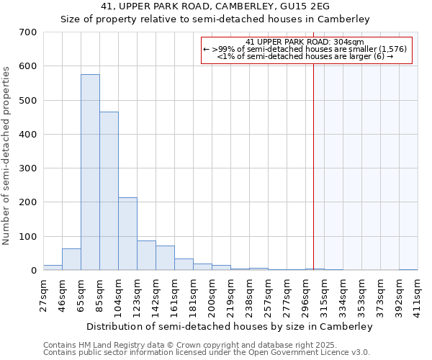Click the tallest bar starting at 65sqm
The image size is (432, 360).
(90, 173)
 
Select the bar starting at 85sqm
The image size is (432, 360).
(109, 192)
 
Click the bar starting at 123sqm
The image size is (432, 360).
(146, 256)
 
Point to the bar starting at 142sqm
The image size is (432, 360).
(165, 258)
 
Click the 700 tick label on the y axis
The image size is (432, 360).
(28, 32)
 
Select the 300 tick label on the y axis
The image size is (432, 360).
(28, 168)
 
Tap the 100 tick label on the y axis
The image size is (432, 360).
(28, 237)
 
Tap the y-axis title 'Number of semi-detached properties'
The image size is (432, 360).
(7, 155)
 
